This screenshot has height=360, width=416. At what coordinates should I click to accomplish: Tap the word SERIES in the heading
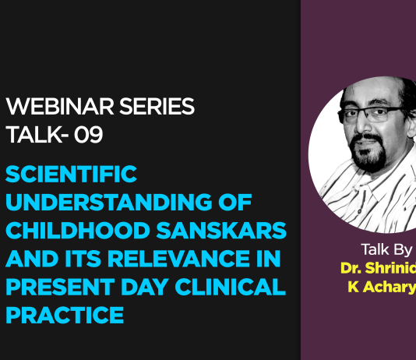pos(155,107)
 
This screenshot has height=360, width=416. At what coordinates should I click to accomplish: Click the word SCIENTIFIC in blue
pos(72,175)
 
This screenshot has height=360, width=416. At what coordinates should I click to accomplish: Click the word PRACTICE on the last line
pos(65,316)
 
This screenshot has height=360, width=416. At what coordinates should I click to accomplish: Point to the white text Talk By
pos(387,250)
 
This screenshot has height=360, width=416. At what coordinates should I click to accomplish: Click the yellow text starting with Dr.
pos(378,268)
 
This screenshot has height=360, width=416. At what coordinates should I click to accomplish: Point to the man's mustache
pos(372,153)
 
